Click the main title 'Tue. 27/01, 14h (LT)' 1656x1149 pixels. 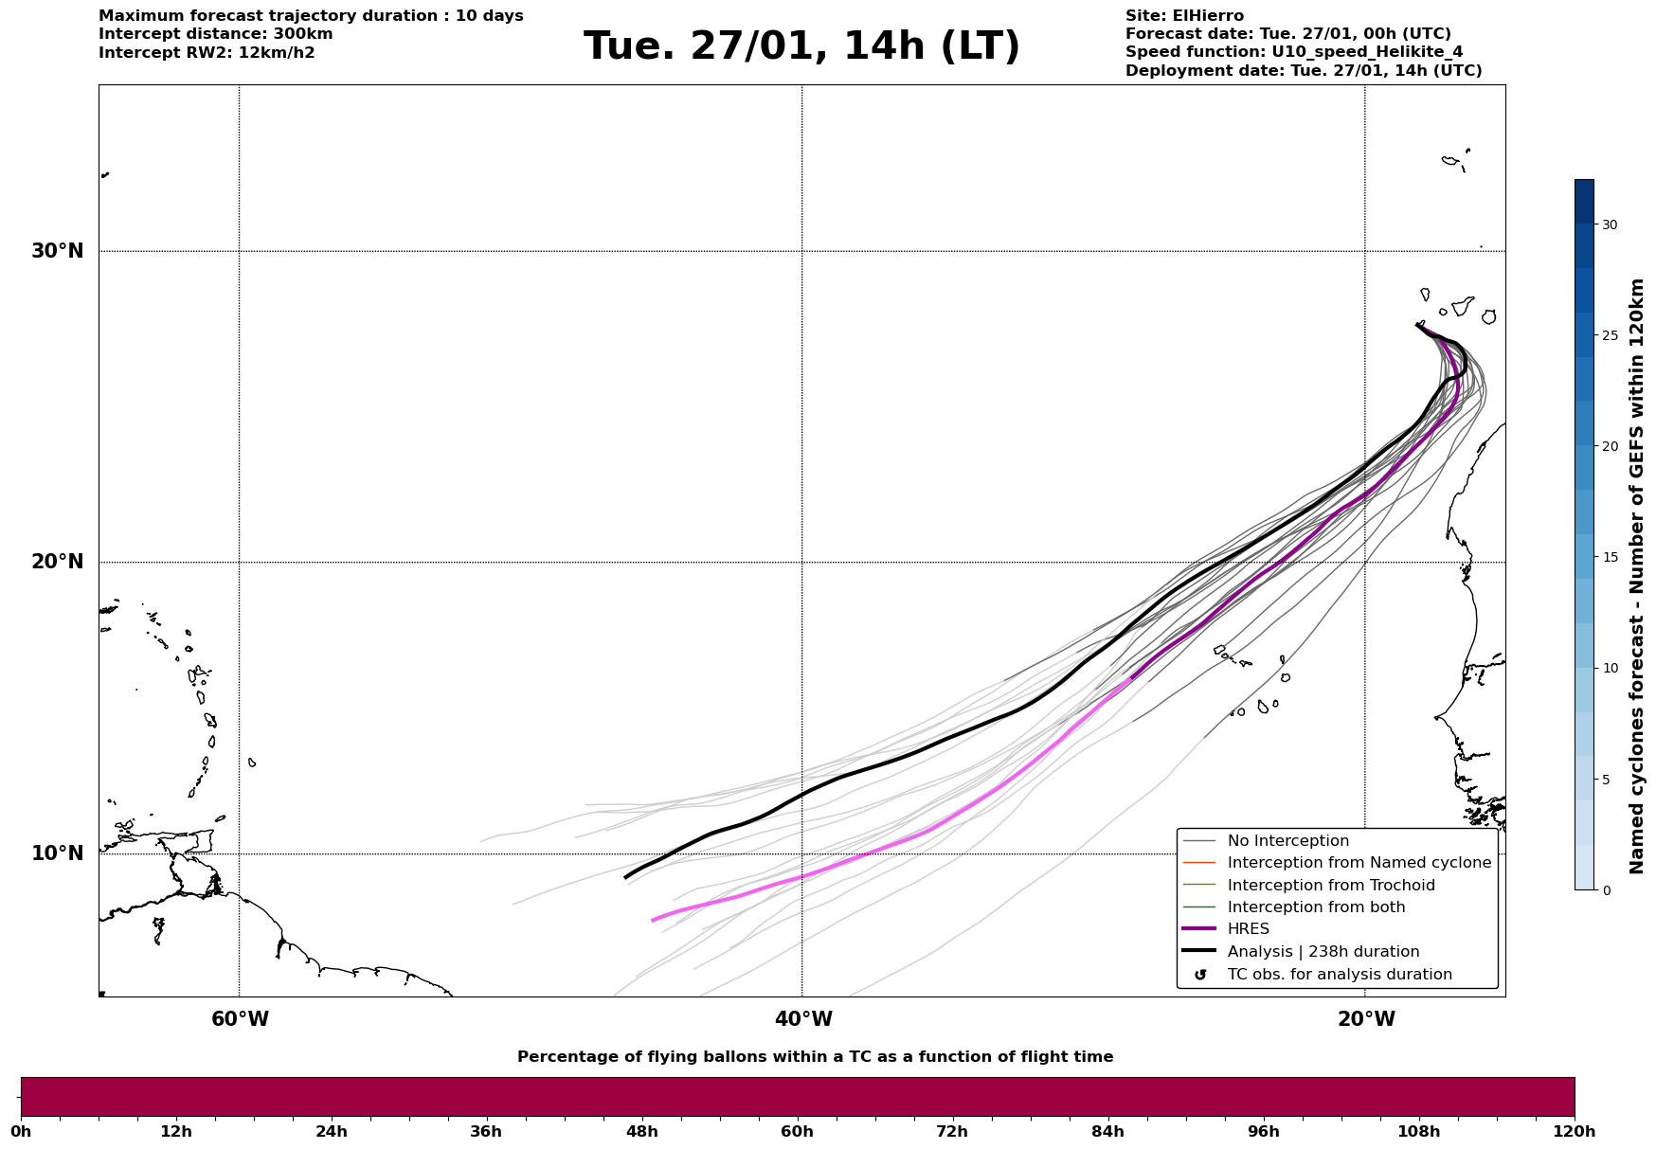coord(801,46)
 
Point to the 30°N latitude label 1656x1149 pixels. coord(58,251)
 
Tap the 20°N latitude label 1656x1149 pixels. coord(58,562)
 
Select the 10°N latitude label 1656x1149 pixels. coord(58,853)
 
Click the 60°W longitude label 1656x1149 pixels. coord(240,1019)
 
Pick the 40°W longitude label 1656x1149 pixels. coord(803,1019)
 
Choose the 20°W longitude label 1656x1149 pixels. coord(1366,1019)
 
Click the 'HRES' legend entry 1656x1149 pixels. coord(1248,929)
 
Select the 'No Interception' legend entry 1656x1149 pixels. coord(1287,841)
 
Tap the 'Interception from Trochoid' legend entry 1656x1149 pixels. coord(1330,886)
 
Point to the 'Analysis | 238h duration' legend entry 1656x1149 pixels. coord(1323,952)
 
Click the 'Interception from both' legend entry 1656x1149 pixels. coord(1316,907)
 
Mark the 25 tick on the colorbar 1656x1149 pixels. coord(1610,335)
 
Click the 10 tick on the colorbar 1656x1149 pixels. coord(1610,668)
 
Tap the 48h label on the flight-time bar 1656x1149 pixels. coord(642,1132)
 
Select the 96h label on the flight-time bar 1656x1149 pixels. coord(1264,1132)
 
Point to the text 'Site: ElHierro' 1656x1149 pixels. coord(1184,16)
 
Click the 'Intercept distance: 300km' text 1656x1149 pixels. coord(216,34)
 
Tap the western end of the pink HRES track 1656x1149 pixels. coord(653,920)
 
